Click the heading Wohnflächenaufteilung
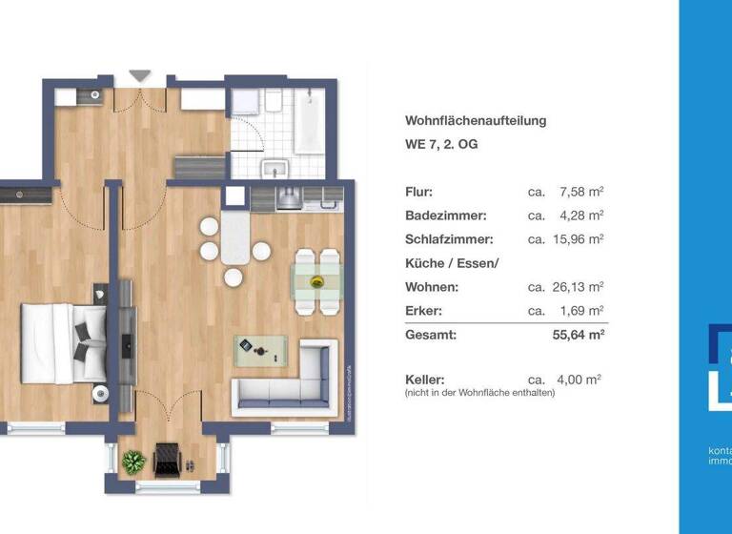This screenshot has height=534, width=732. point(476,121)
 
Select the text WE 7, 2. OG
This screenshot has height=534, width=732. point(441,145)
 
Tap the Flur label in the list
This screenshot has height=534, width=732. point(418,192)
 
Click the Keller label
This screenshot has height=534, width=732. point(425,379)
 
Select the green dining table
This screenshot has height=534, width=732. point(316,280)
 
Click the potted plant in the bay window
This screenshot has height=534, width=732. point(132,461)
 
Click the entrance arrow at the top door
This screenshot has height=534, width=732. point(140,74)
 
